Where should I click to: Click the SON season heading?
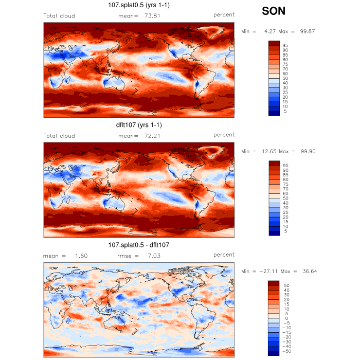pyautogui.click(x=274, y=11)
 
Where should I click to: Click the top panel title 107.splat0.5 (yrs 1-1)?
pyautogui.click(x=139, y=6)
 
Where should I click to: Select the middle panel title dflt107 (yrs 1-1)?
pyautogui.click(x=139, y=125)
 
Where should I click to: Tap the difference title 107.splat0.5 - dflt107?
pyautogui.click(x=139, y=245)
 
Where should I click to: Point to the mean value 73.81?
pyautogui.click(x=153, y=16)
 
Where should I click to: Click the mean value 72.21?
pyautogui.click(x=153, y=136)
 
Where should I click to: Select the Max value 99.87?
pyautogui.click(x=308, y=31)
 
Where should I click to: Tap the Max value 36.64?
pyautogui.click(x=308, y=271)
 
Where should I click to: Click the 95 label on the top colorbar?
pyautogui.click(x=285, y=45)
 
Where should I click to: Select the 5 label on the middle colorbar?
pyautogui.click(x=285, y=231)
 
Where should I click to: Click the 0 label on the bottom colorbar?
pyautogui.click(x=285, y=318)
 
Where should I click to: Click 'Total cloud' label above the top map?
pyautogui.click(x=59, y=16)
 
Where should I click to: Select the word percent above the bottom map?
pyautogui.click(x=224, y=255)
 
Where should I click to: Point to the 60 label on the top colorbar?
pyautogui.click(x=285, y=74)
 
